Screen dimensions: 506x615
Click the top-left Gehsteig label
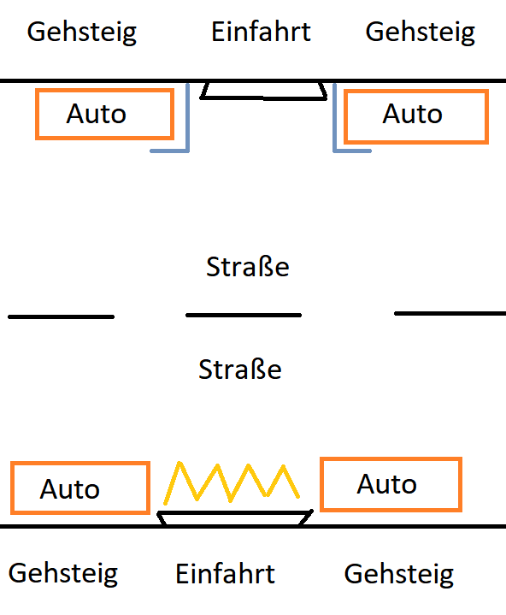(x=81, y=33)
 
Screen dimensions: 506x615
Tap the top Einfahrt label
(x=261, y=32)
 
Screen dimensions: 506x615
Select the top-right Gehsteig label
(x=421, y=33)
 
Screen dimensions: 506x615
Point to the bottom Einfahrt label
(x=225, y=574)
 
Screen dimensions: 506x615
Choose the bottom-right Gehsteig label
(x=398, y=575)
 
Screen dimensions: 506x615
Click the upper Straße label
(x=248, y=267)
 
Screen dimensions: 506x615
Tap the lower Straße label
(x=240, y=369)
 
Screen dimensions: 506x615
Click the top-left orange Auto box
(x=104, y=90)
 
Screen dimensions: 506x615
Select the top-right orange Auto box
(x=416, y=91)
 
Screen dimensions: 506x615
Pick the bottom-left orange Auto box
(x=80, y=464)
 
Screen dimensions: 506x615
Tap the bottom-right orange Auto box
(x=391, y=458)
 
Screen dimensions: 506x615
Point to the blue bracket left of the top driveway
(x=188, y=118)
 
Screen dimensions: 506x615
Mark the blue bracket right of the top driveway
(x=334, y=118)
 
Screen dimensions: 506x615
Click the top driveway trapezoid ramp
(x=263, y=98)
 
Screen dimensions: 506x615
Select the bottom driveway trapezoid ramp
(x=234, y=513)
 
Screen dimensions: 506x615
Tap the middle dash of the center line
(x=244, y=315)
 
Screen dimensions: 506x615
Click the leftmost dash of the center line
(x=62, y=317)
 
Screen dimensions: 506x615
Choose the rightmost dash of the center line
(x=450, y=313)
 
